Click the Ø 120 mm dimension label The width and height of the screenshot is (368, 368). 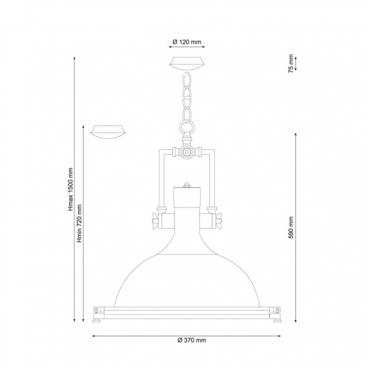(187, 42)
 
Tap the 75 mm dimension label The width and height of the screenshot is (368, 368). (291, 63)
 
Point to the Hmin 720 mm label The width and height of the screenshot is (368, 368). (79, 224)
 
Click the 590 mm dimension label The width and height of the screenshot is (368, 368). (291, 227)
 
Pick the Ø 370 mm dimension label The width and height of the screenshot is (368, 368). (192, 340)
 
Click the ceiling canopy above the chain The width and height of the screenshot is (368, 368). (187, 63)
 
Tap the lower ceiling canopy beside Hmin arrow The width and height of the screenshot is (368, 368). (108, 132)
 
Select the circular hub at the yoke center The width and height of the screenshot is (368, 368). (187, 152)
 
